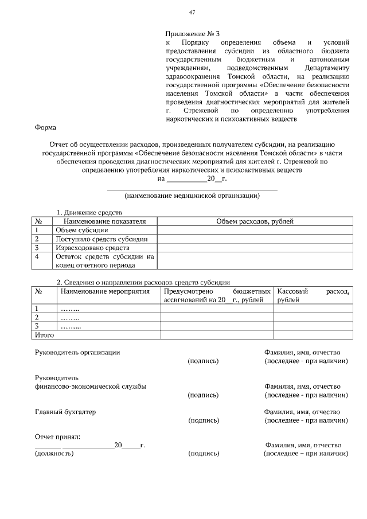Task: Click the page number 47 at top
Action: point(192,13)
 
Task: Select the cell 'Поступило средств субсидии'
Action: point(101,239)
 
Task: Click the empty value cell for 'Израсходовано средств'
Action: point(255,248)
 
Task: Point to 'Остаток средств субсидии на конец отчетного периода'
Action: point(105,261)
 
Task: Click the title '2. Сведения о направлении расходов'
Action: point(143,282)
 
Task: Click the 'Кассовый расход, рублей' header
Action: point(313,295)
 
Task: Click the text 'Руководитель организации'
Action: point(77,352)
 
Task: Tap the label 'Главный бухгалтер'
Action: point(65,412)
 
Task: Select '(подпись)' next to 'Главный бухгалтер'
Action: point(204,421)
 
